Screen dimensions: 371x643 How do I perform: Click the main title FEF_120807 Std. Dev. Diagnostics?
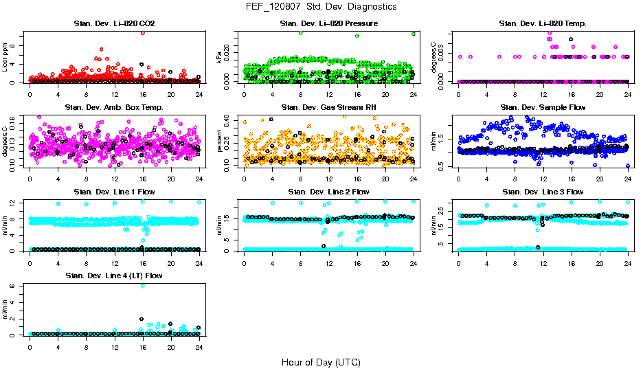click(x=321, y=7)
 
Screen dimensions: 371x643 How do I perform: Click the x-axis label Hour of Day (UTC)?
click(x=321, y=362)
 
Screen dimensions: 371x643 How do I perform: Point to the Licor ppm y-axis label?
click(x=6, y=57)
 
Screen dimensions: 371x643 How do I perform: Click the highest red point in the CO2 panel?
click(x=142, y=32)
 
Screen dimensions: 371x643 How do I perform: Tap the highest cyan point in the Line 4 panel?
click(x=142, y=285)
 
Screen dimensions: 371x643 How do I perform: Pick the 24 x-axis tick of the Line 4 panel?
click(x=199, y=347)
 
